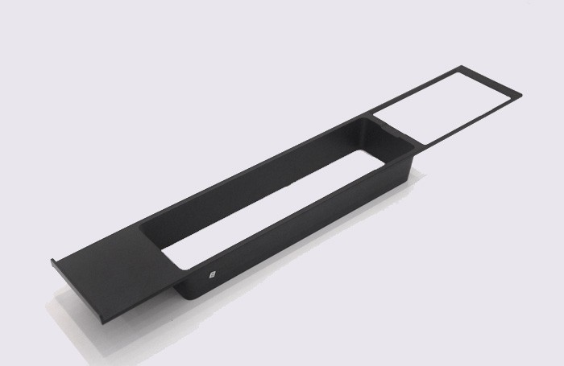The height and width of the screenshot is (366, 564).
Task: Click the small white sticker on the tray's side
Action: (x=212, y=273)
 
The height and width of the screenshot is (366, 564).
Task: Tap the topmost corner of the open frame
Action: (x=462, y=66)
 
